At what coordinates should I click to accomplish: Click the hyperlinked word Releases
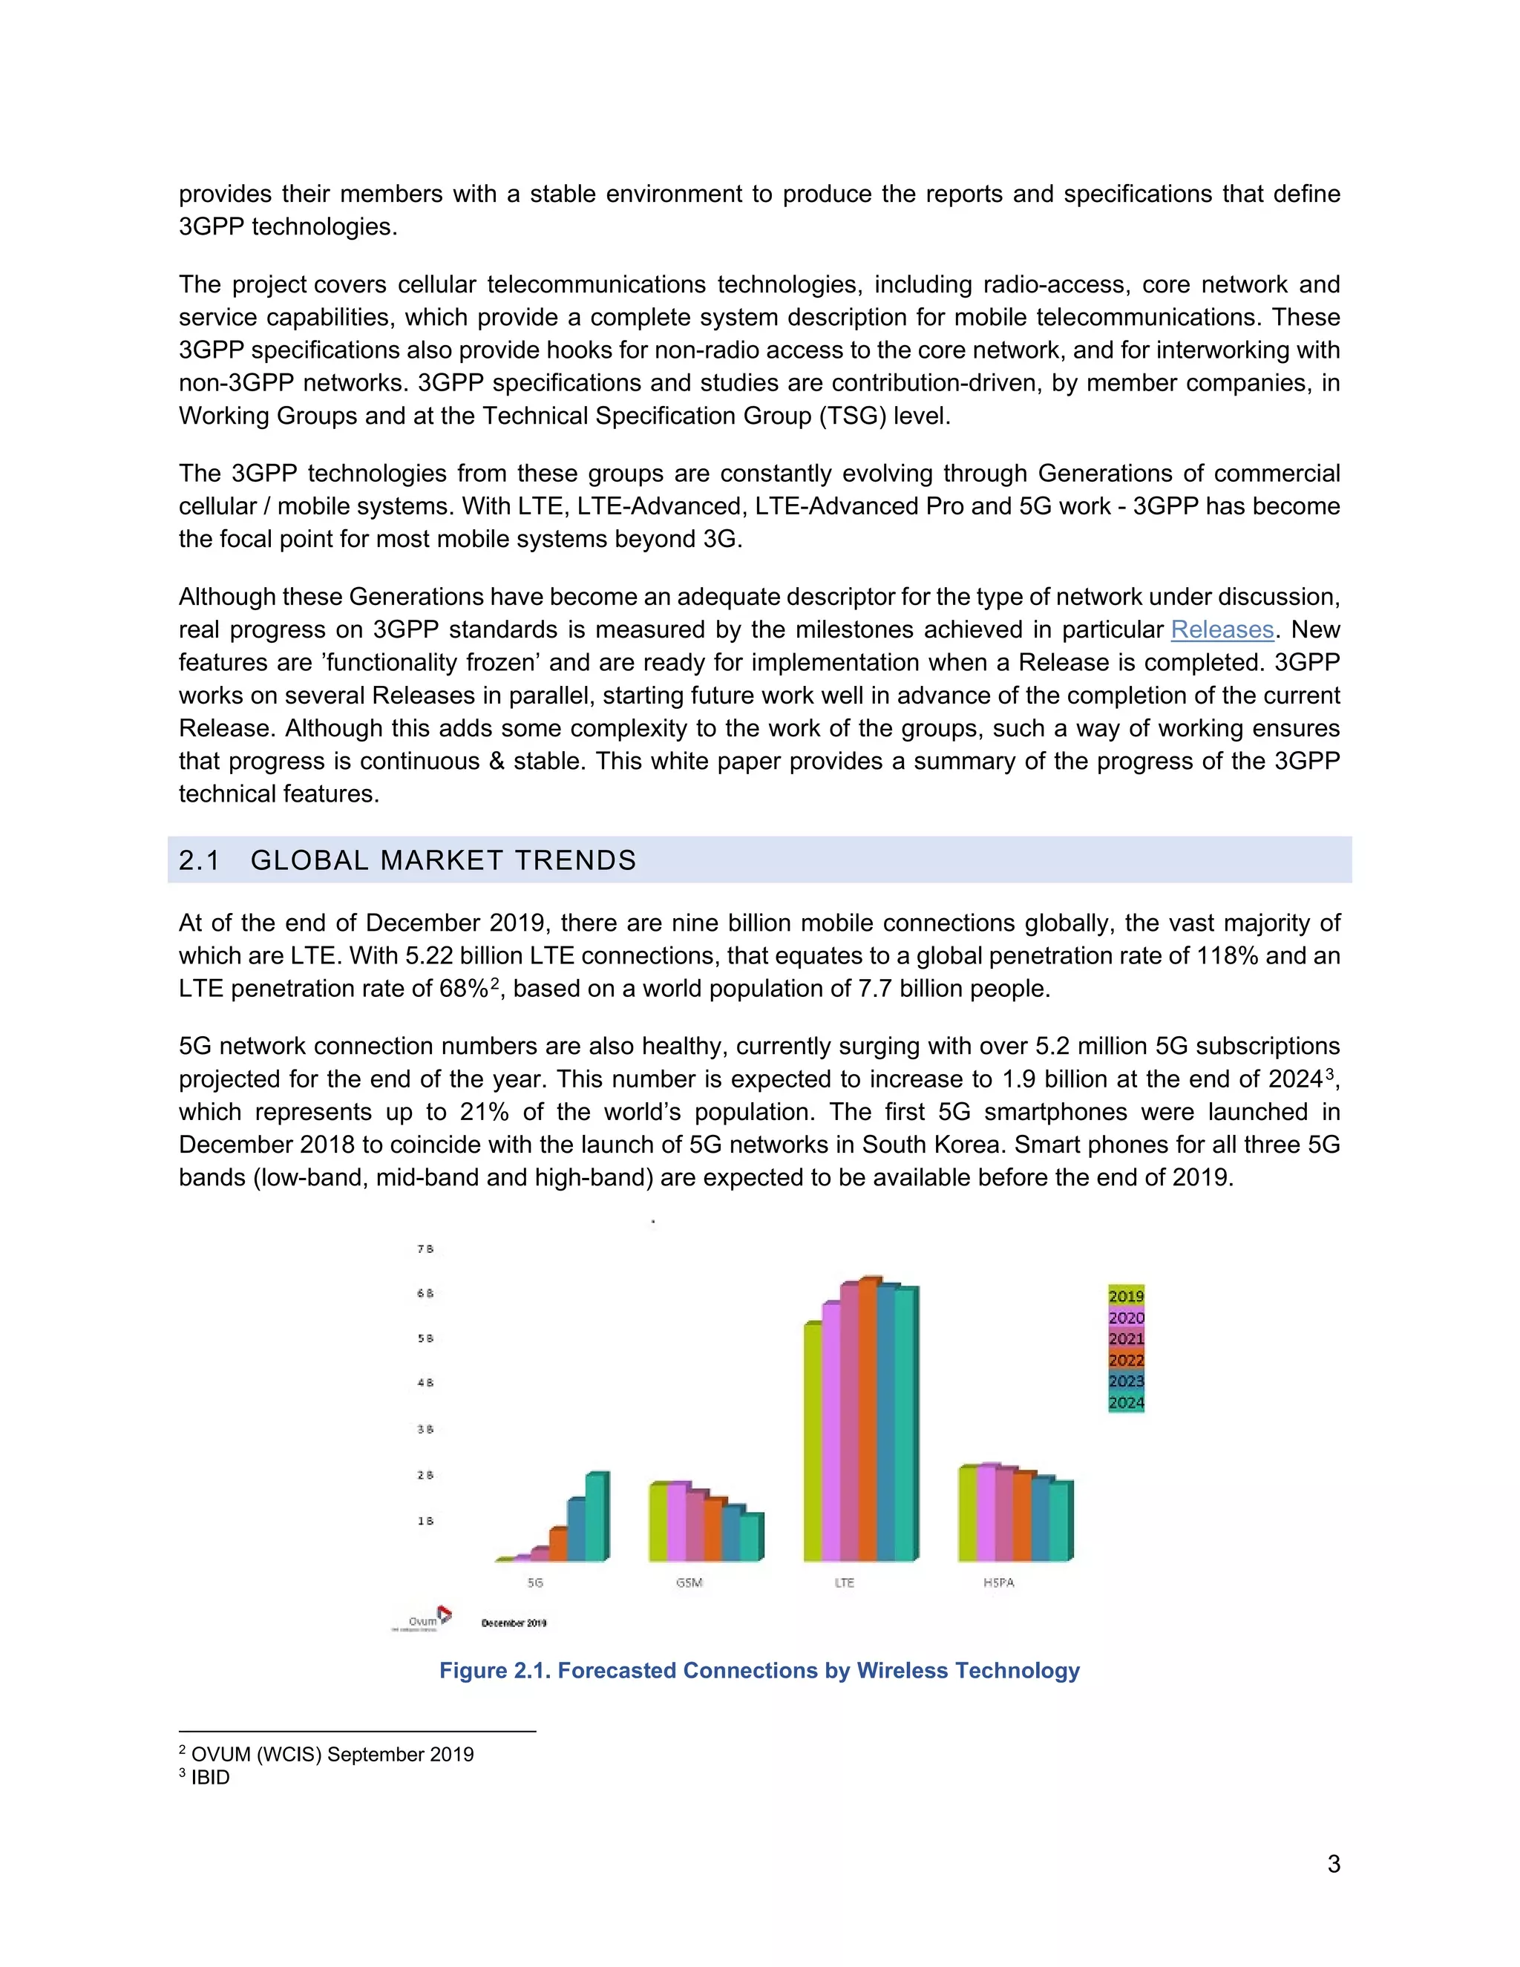(1222, 629)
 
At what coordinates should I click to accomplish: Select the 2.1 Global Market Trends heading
(407, 860)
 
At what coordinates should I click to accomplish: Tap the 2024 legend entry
(1126, 1402)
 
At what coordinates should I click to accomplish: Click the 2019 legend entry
(1126, 1296)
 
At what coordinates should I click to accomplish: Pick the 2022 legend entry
(1126, 1360)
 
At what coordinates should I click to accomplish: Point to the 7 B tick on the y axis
(425, 1249)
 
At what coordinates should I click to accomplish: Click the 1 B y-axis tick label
(425, 1521)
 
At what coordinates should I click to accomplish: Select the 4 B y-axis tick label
(425, 1383)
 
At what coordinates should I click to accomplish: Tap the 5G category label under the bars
(535, 1583)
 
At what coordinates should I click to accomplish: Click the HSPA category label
(999, 1583)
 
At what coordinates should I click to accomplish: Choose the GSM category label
(689, 1583)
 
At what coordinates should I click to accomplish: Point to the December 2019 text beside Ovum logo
(514, 1623)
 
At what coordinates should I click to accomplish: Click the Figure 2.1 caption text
(759, 1671)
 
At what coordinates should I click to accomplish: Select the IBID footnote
(210, 1778)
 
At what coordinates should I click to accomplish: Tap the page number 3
(1334, 1863)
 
